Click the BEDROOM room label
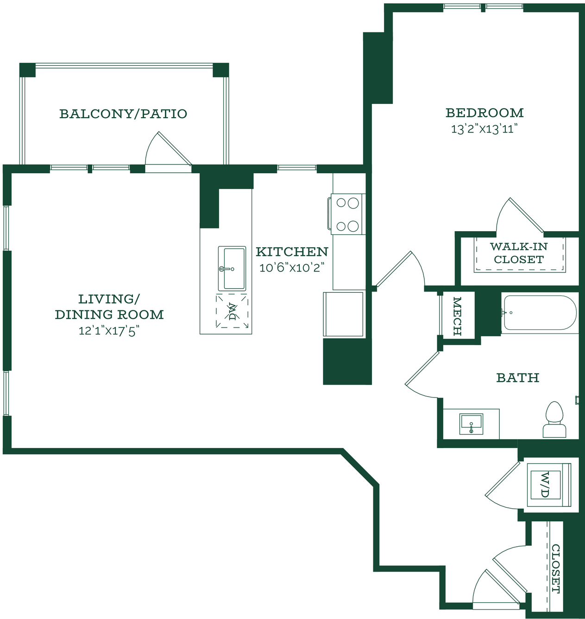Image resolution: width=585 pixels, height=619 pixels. (x=484, y=113)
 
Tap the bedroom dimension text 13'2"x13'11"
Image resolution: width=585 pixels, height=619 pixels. (x=484, y=129)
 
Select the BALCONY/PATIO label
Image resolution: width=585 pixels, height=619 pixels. (x=123, y=114)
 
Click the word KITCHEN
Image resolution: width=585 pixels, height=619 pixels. (x=292, y=252)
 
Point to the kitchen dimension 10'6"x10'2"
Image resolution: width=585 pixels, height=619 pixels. (x=292, y=268)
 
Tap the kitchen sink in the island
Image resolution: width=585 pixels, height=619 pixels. (x=232, y=269)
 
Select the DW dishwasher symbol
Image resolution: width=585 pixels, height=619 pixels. (x=232, y=311)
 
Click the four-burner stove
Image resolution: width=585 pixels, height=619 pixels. (x=347, y=214)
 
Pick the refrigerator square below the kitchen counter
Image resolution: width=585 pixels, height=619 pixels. (x=343, y=315)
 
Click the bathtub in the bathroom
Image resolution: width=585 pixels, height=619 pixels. (x=540, y=313)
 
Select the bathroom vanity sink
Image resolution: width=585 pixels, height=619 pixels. (x=472, y=424)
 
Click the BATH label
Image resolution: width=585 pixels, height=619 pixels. (x=518, y=378)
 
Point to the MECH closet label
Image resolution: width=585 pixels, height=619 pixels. (x=457, y=316)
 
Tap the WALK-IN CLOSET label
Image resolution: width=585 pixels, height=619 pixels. (x=519, y=253)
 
